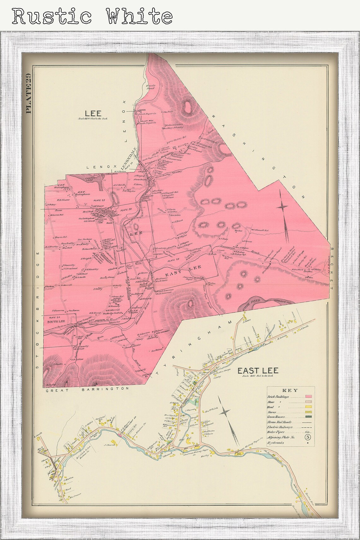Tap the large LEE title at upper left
[x=93, y=113]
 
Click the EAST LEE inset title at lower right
[x=258, y=370]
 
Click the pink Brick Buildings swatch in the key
[x=309, y=396]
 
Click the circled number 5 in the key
[x=308, y=437]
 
